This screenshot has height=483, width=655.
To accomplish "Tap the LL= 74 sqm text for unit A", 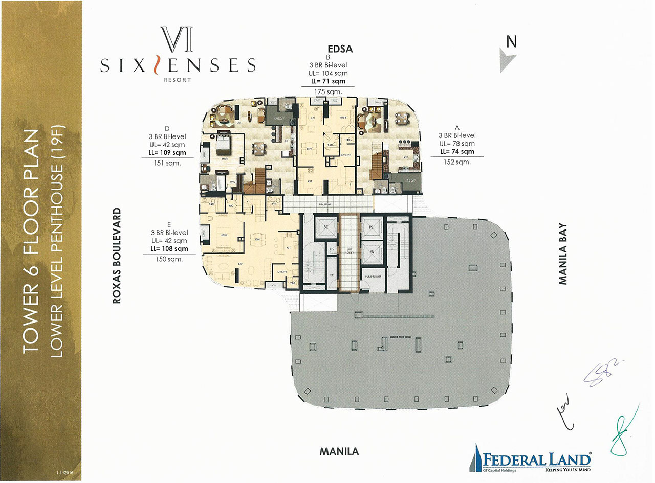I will tap(456, 152).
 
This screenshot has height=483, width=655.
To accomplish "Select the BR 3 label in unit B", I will tap(344, 117).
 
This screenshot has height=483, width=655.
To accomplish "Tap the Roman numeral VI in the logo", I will tap(177, 40).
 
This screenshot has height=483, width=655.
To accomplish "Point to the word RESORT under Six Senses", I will tap(178, 80).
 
